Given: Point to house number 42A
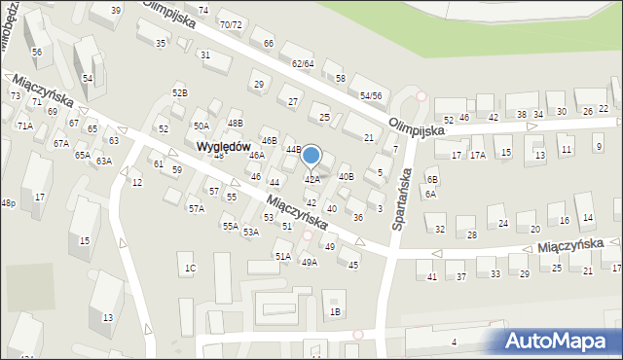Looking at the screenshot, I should (x=312, y=180).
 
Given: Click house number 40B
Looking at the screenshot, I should (x=346, y=176).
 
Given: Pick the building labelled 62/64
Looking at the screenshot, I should (x=303, y=63).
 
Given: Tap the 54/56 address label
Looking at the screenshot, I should (x=370, y=96).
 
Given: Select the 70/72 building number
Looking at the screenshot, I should (x=231, y=24).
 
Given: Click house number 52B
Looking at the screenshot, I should (x=180, y=92).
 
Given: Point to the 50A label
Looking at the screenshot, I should (x=201, y=126).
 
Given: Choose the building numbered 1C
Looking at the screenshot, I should (x=191, y=268).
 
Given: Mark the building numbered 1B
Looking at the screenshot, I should (x=335, y=311).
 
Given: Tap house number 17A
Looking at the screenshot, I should (x=478, y=155).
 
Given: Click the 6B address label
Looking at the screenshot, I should (x=432, y=180).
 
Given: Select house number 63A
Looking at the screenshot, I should (x=104, y=162).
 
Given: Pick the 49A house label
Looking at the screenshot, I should (x=309, y=262).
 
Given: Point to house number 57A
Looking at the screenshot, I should (x=196, y=208).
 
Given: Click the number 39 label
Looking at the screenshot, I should (x=116, y=10).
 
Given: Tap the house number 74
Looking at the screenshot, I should (x=203, y=10).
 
